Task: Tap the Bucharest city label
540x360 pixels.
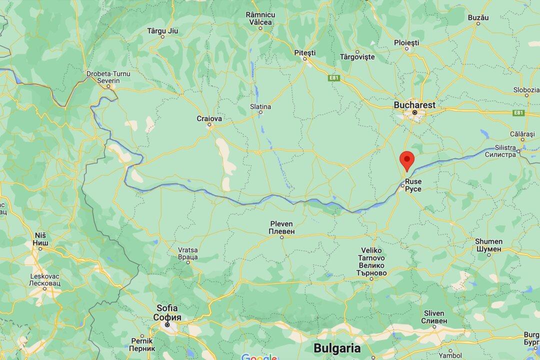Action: (x=414, y=105)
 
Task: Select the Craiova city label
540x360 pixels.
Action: (x=209, y=119)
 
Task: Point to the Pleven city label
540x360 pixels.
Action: (x=281, y=227)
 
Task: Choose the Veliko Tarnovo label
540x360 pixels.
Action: (x=372, y=261)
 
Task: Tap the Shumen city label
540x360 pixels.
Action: (x=488, y=245)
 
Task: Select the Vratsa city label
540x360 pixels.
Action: (x=188, y=253)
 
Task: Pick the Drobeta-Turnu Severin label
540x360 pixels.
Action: (x=108, y=77)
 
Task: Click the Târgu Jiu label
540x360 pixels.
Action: (x=162, y=31)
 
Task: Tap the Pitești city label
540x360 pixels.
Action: (x=305, y=52)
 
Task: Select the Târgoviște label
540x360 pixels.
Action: (x=357, y=57)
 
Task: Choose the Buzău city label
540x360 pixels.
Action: (x=477, y=17)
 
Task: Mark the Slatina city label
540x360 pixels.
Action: (x=260, y=106)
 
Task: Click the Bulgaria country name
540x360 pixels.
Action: (x=337, y=348)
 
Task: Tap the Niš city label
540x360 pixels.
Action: (x=41, y=239)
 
